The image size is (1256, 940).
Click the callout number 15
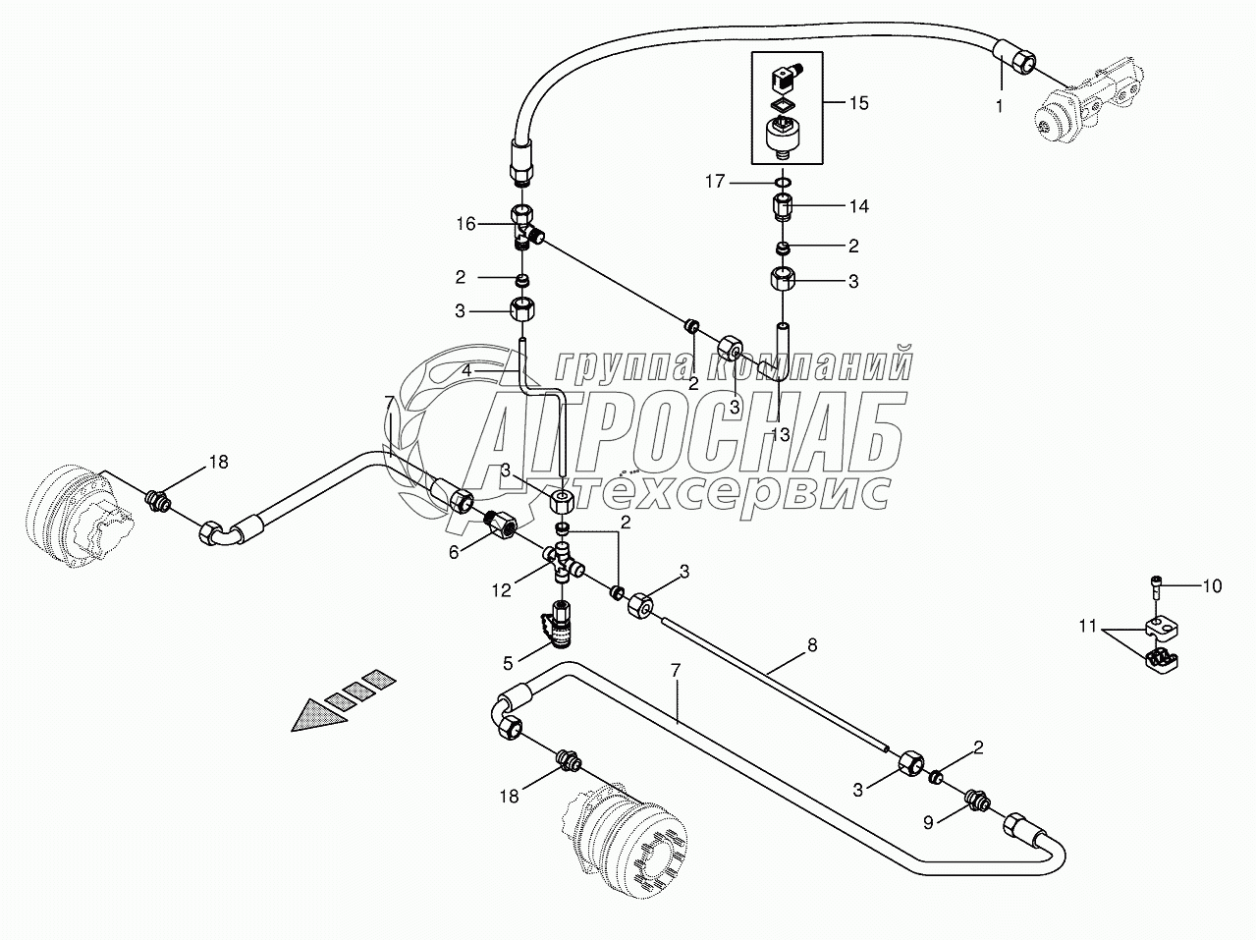pos(858,102)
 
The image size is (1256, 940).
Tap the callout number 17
pos(715,181)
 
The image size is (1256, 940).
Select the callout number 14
pos(858,206)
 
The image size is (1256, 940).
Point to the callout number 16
pos(464,225)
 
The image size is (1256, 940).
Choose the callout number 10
pos(1212,586)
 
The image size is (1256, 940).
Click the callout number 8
pos(811,646)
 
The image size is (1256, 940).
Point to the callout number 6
pos(454,553)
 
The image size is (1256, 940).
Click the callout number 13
pos(780,434)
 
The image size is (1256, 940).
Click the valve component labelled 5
pos(557,628)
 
